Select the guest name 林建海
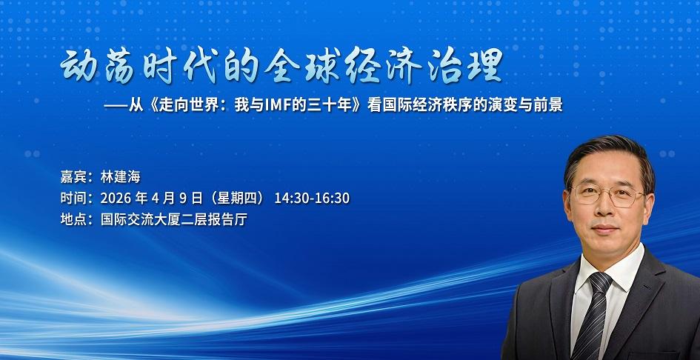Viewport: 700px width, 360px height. click(121, 177)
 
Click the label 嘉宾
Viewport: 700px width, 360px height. click(73, 177)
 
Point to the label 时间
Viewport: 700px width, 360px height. click(73, 198)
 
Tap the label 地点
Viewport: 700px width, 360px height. click(73, 219)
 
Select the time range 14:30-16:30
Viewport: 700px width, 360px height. click(312, 198)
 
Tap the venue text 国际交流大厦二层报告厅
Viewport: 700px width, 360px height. click(173, 219)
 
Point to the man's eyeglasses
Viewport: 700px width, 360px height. click(608, 195)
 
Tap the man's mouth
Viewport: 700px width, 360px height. click(605, 229)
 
